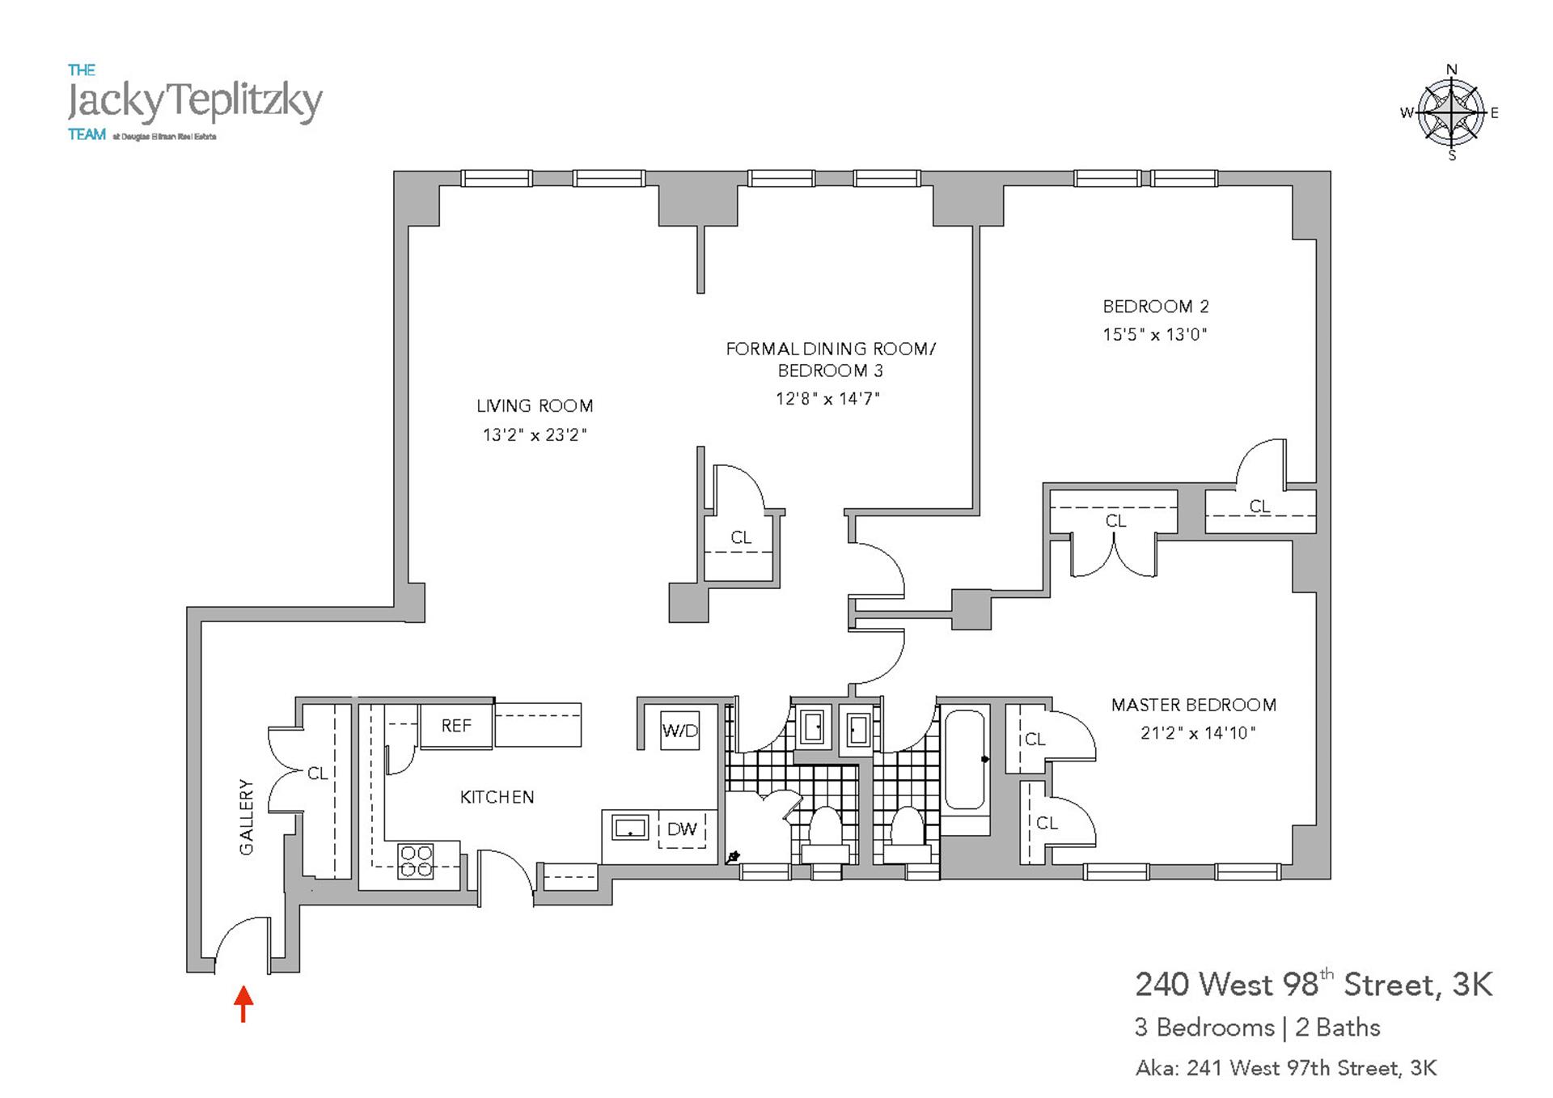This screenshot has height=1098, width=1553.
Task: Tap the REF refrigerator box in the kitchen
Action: (456, 726)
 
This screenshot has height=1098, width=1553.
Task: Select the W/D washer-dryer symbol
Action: (679, 731)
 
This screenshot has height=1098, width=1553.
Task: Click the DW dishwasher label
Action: (682, 829)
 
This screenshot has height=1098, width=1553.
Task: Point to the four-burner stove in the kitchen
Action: (416, 861)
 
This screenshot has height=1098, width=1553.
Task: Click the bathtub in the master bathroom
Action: (964, 760)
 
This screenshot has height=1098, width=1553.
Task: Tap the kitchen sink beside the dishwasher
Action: (630, 828)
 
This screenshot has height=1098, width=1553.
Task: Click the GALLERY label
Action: (247, 816)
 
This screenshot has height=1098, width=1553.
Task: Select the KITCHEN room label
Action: (497, 797)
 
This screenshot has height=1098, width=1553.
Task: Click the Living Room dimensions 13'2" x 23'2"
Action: (534, 435)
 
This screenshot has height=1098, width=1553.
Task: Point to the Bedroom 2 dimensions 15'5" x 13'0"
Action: (1154, 334)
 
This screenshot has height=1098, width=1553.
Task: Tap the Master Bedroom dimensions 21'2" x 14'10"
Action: (1197, 733)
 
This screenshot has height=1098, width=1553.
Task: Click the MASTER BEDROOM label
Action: (1193, 705)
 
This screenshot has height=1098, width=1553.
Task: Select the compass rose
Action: (1452, 112)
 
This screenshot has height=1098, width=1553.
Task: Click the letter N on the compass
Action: (1452, 70)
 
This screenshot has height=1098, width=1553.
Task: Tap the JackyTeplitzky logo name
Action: (195, 101)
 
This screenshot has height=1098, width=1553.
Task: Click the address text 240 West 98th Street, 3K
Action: (1314, 985)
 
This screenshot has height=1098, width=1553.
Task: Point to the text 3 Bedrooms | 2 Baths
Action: (1257, 1028)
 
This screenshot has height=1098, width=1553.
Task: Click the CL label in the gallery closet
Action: (318, 774)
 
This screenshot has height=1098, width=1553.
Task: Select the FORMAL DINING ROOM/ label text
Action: (830, 349)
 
